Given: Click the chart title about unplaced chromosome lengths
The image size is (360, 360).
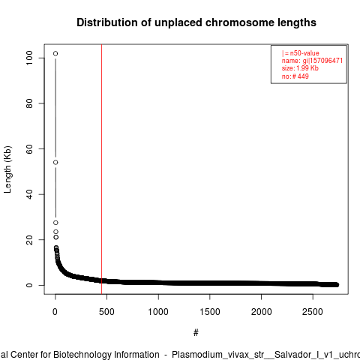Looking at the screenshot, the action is (x=196, y=22).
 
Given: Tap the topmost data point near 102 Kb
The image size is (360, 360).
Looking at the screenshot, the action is (x=55, y=53).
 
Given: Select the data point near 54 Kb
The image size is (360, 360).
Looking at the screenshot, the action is (x=55, y=163).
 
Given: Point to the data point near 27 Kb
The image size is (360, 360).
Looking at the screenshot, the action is (x=55, y=223).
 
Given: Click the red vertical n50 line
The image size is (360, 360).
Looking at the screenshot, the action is (x=101, y=169).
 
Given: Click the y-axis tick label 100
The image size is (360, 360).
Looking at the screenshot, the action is (x=29, y=58).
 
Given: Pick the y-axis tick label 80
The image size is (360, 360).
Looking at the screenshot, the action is (x=29, y=103).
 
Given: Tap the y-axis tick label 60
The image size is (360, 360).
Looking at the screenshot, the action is (x=29, y=148).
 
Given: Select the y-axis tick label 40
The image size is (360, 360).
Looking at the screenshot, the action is (x=29, y=194).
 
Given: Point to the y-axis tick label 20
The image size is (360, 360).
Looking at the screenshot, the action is (x=29, y=240).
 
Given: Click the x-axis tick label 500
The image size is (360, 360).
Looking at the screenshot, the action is (x=106, y=312).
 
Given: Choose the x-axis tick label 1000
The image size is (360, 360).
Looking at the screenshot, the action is (x=158, y=312).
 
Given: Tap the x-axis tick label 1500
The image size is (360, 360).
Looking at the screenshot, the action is (x=210, y=312).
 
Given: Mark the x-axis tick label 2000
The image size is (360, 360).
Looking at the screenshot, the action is (x=261, y=312).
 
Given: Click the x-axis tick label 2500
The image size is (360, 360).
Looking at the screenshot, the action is (x=313, y=312).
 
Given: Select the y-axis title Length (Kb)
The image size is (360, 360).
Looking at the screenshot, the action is (x=7, y=169).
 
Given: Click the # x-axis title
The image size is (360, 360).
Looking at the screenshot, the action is (x=196, y=333).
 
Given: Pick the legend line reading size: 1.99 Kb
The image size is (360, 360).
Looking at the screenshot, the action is (x=300, y=68).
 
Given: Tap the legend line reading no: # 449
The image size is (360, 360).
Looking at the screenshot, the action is (x=295, y=76).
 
